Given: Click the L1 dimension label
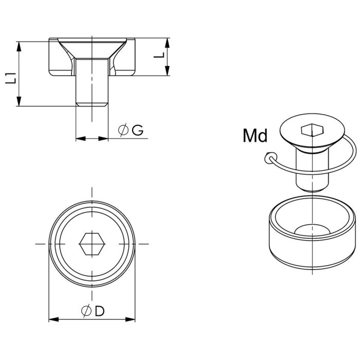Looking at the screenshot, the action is [11, 78].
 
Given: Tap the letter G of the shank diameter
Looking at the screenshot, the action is [137, 130].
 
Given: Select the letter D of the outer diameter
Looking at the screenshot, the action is [100, 311].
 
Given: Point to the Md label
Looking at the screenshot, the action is [255, 135].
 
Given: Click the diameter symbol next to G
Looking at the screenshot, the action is [123, 130].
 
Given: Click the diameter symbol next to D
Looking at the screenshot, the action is [86, 311].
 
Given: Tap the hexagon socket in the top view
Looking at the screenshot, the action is [92, 244].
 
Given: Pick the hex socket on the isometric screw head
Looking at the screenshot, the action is [312, 130].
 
